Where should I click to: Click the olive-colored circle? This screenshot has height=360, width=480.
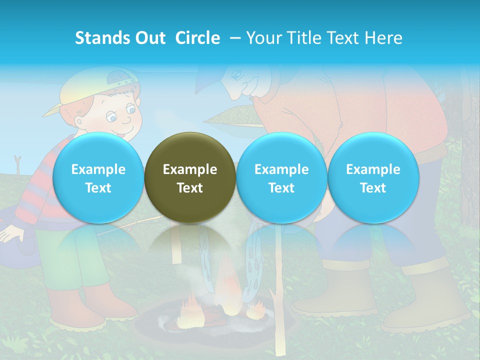pyautogui.click(x=190, y=178)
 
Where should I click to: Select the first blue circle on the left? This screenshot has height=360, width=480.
pyautogui.click(x=98, y=178)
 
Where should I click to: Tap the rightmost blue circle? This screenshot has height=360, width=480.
pyautogui.click(x=373, y=178)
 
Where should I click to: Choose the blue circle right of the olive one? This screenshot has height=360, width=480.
pyautogui.click(x=281, y=178)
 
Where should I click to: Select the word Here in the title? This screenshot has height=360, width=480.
pyautogui.click(x=383, y=38)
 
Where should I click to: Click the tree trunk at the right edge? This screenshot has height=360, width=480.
pyautogui.click(x=470, y=150)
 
